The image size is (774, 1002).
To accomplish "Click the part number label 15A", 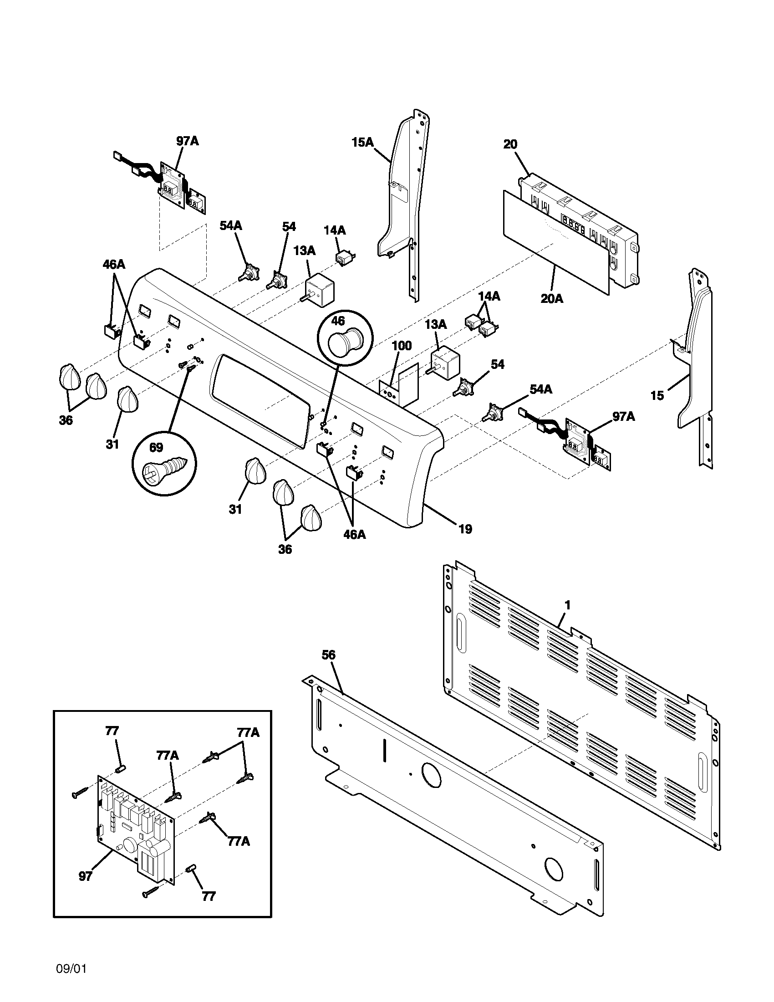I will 362,143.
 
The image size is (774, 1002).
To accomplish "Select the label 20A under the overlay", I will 552,299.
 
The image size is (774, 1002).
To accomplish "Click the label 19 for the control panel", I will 465,529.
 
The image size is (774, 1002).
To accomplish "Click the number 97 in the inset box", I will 85,876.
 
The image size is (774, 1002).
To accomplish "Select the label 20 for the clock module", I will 510,144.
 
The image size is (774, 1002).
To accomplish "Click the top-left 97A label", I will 187,141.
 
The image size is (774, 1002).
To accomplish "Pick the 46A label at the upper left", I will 114,265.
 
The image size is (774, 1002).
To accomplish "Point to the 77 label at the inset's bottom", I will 209,896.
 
